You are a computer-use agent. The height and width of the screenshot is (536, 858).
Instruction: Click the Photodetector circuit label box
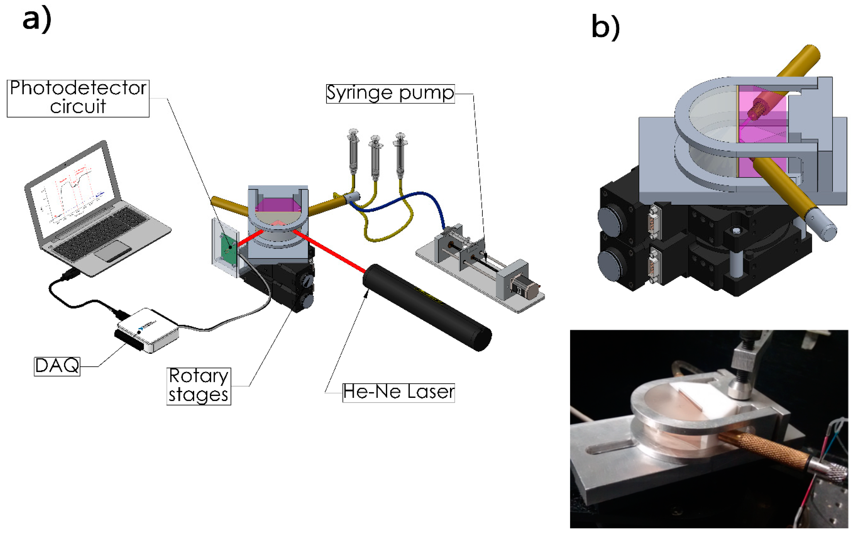click(x=78, y=98)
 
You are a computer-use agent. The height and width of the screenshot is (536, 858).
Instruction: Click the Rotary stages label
click(x=198, y=386)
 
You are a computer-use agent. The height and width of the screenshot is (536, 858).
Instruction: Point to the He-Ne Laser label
click(x=398, y=393)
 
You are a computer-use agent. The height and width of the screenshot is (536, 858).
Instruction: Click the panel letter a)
click(x=36, y=20)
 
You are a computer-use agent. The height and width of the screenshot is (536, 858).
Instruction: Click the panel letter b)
click(x=605, y=28)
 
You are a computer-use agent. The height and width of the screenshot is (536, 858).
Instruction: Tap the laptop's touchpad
click(x=113, y=250)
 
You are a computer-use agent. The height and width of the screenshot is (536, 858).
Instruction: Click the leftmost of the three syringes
click(x=353, y=152)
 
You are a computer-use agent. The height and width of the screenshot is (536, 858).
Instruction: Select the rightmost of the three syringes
click(x=400, y=156)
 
